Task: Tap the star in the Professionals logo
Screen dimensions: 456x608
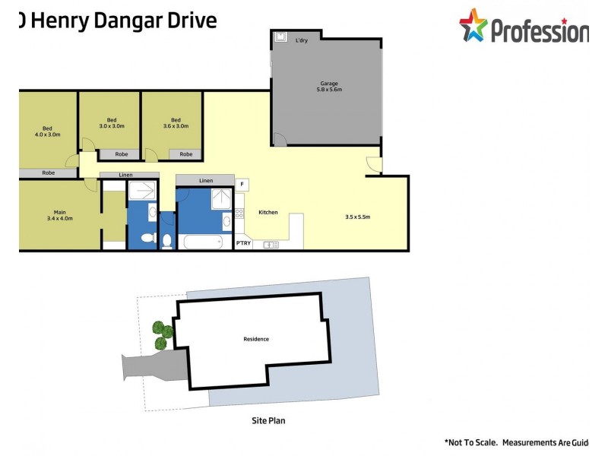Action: click(473, 25)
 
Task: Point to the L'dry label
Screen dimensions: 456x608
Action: click(302, 41)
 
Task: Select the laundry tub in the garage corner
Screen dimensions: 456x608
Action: click(279, 36)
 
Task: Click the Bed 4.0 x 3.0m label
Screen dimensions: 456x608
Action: click(47, 131)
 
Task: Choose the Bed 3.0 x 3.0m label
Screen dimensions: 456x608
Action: click(111, 123)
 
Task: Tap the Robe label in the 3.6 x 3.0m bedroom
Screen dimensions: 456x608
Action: click(186, 154)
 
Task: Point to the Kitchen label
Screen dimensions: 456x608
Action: click(268, 212)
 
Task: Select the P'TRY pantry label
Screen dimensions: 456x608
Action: click(243, 243)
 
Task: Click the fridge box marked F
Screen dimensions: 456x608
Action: click(242, 184)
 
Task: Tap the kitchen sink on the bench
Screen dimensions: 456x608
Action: click(270, 244)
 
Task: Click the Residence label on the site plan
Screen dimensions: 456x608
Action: click(256, 339)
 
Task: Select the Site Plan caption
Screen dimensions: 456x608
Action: click(268, 420)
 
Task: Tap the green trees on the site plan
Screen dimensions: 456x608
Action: click(160, 335)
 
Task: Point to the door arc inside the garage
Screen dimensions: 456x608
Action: click(279, 140)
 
